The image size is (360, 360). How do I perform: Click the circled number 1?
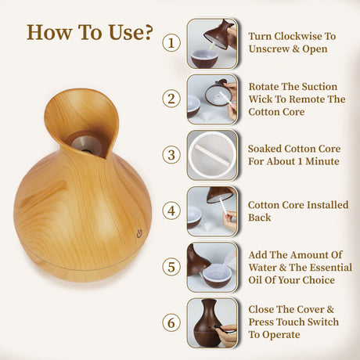click(171, 41)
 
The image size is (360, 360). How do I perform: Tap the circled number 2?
click(171, 98)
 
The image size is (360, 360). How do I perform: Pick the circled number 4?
click(171, 210)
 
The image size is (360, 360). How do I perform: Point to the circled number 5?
click(171, 265)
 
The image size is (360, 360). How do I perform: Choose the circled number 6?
click(171, 322)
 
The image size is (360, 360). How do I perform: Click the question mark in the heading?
click(144, 33)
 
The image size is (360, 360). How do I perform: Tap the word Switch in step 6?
click(321, 322)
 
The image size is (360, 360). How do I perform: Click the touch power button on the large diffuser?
click(139, 232)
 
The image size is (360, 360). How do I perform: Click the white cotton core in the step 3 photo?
click(213, 154)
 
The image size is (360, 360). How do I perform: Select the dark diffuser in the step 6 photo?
click(206, 322)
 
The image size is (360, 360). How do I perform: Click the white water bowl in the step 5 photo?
click(217, 275)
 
